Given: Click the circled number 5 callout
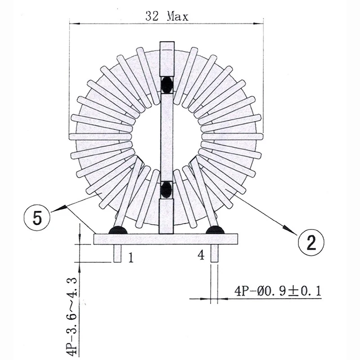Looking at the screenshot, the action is pyautogui.click(x=37, y=218).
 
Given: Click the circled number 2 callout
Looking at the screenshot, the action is pyautogui.click(x=311, y=243).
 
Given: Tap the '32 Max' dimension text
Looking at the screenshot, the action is pyautogui.click(x=167, y=16).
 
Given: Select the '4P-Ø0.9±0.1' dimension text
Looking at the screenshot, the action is pyautogui.click(x=278, y=291).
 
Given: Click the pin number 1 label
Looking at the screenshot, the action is pyautogui.click(x=130, y=257).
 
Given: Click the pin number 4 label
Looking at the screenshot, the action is pyautogui.click(x=201, y=255).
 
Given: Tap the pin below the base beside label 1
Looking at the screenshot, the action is pyautogui.click(x=117, y=253).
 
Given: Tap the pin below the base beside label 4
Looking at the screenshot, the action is pyautogui.click(x=214, y=253).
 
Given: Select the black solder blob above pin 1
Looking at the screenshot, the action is pyautogui.click(x=118, y=230).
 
